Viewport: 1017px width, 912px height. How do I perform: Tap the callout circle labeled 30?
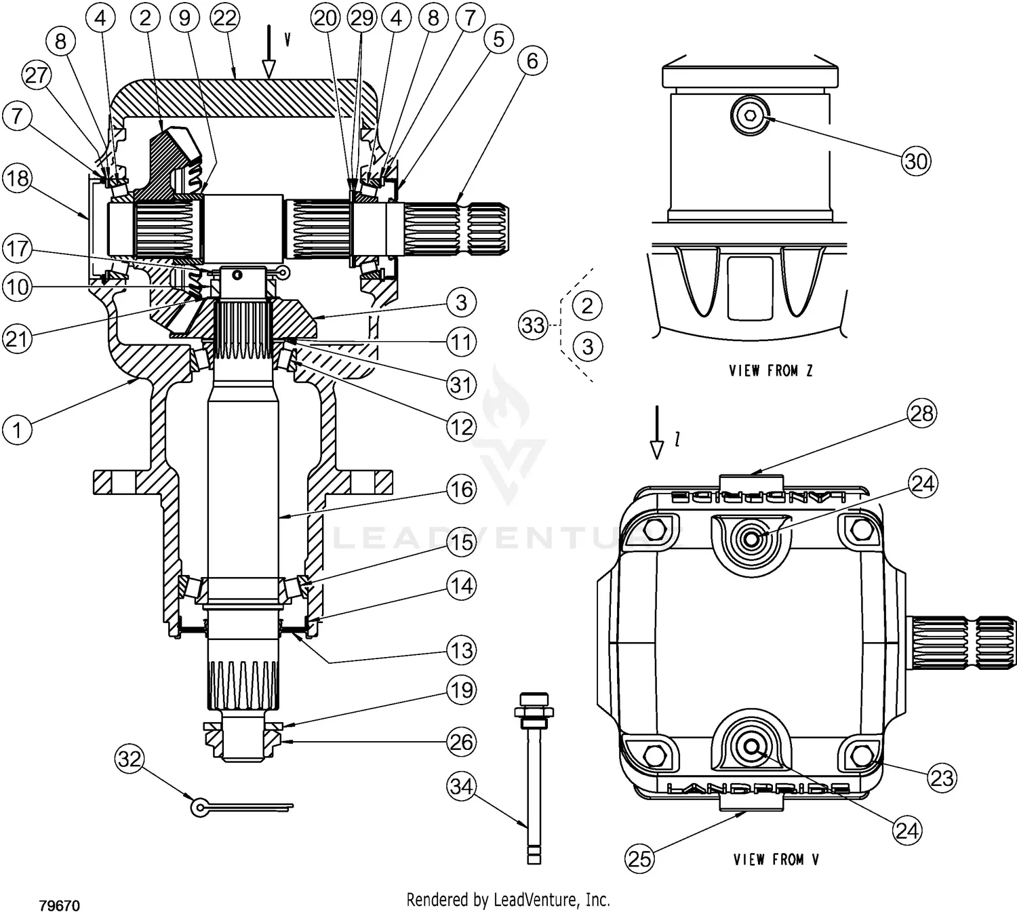pos(916,161)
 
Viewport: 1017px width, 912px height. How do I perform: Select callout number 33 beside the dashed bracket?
pos(534,325)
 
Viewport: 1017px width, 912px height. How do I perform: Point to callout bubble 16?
pos(462,489)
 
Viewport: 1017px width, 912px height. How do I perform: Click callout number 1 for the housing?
pos(17,429)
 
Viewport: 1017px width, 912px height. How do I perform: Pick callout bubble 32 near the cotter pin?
pos(129,758)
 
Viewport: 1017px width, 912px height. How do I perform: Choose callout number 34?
pos(462,787)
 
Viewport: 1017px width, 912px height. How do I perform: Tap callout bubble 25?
pos(639,858)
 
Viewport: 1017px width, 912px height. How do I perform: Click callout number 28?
pos(922,413)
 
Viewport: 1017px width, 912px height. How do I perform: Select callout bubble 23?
pos(942,778)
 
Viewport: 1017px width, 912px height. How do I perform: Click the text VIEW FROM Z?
pos(771,371)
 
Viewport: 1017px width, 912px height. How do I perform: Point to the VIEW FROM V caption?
pos(776,860)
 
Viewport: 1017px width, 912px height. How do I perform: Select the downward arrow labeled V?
pos(270,51)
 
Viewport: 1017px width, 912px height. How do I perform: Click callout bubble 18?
pos(17,178)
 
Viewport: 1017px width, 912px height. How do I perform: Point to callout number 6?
pos(532,61)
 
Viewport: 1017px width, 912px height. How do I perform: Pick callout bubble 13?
pos(462,650)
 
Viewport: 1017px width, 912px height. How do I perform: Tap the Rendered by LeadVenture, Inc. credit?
pos(508,900)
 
